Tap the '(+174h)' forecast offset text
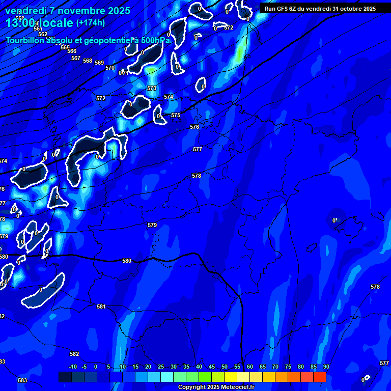pos(90,22)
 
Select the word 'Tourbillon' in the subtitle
pos(25,40)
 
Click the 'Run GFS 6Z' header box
pos(320,9)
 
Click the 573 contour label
pos(152,88)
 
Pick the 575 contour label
pos(176,116)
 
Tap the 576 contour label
pos(194,127)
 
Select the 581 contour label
pos(101,306)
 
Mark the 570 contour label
pos(110,68)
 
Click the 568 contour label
pos(88,61)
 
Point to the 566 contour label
pos(72,51)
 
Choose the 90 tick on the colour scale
pos(326,367)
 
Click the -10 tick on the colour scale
pos(72,367)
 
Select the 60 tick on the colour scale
pos(249,367)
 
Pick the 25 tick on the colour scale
pos(160,367)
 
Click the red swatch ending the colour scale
pos(319,377)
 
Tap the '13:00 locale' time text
pos(39,23)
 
